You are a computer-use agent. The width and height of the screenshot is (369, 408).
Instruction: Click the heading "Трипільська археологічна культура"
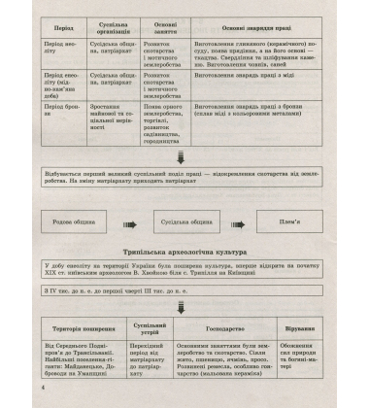point(184,249)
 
